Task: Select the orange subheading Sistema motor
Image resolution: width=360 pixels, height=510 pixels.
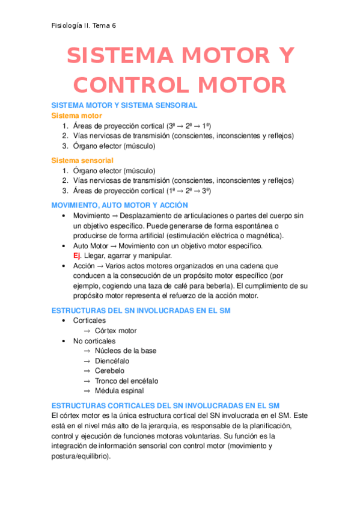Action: (76, 115)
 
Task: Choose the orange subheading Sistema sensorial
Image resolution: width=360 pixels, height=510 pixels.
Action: (82, 160)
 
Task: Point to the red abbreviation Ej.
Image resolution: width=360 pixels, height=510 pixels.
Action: (77, 256)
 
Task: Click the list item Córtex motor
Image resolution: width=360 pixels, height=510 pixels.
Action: (115, 331)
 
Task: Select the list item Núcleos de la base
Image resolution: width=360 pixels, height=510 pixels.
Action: (126, 351)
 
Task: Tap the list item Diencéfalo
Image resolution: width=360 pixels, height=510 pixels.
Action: (112, 361)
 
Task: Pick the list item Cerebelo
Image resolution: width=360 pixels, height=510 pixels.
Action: (110, 371)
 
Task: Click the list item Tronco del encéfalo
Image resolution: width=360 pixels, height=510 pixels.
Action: (126, 381)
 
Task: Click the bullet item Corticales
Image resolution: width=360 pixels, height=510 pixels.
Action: (89, 321)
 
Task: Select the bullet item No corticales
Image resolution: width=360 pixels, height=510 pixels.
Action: (94, 341)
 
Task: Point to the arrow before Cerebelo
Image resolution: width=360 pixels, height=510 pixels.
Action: (87, 371)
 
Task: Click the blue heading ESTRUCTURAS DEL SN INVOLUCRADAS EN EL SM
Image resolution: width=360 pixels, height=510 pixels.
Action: (141, 310)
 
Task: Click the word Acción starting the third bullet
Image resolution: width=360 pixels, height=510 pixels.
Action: (84, 265)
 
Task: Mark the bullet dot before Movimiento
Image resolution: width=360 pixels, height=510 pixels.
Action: (64, 215)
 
